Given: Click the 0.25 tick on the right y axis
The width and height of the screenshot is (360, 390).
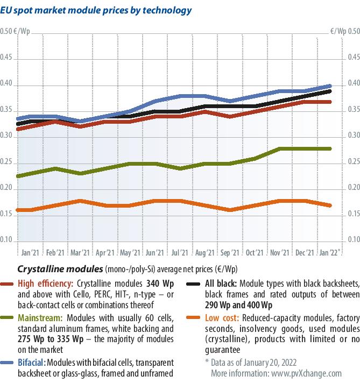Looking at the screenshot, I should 351,162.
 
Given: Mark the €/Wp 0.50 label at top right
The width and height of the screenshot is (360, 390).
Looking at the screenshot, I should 345,31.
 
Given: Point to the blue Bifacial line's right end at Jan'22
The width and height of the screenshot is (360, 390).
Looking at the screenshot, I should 330,86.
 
